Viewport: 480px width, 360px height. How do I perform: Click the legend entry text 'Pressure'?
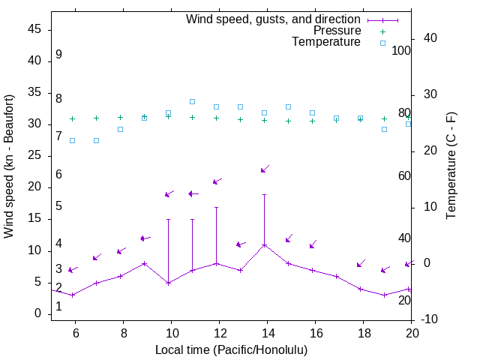click(337, 31)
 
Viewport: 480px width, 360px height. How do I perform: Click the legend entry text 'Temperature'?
click(326, 42)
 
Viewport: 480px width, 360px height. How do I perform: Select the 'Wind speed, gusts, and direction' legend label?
click(274, 19)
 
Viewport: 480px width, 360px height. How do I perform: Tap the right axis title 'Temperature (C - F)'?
click(451, 166)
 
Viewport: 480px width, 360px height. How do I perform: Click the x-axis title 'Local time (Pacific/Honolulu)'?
click(231, 349)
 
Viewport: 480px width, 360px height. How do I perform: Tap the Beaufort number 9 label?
click(58, 55)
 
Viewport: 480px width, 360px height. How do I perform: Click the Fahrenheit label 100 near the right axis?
click(402, 50)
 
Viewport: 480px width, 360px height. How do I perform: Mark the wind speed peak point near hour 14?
click(264, 245)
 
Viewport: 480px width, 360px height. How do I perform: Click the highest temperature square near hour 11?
click(192, 101)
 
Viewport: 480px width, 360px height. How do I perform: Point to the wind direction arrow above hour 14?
click(264, 169)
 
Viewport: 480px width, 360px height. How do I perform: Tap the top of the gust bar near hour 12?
click(216, 207)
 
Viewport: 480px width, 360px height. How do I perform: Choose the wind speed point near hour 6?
click(72, 295)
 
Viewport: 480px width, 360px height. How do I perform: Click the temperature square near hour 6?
click(72, 140)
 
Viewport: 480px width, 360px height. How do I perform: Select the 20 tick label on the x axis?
click(411, 333)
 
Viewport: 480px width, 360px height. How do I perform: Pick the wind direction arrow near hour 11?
click(193, 193)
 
